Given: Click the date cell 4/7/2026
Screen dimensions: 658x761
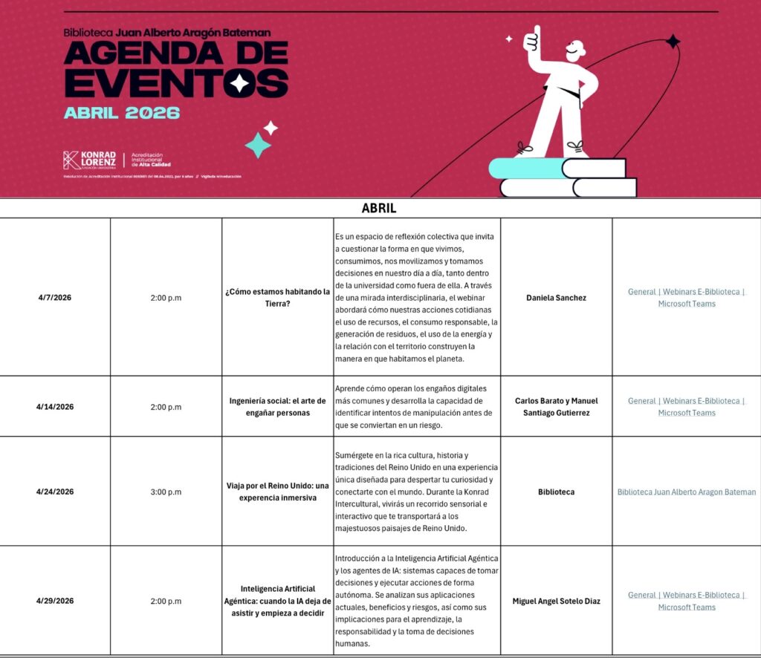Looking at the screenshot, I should pos(55,298).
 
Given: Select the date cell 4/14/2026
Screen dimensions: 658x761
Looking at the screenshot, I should pos(55,407).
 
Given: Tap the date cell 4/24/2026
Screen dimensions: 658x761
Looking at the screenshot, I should pos(55,492).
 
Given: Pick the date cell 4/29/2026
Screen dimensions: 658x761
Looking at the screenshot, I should pos(55,601).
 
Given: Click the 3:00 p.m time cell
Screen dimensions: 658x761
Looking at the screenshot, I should pos(166,492).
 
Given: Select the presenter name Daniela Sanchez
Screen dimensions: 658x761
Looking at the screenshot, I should pos(556,298).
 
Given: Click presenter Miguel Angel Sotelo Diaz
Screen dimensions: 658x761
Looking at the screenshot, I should pos(556,601).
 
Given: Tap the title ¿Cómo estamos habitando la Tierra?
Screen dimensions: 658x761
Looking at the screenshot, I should pos(277,298).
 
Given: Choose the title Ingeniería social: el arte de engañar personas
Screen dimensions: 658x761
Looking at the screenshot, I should pos(277,407).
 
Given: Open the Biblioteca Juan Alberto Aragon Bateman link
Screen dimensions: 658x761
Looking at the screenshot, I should pos(687,492).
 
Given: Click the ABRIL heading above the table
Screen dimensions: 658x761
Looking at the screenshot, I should pos(379,209).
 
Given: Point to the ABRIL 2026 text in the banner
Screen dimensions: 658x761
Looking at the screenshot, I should pos(122,113).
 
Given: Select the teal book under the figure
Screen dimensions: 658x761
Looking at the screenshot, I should pos(524,168).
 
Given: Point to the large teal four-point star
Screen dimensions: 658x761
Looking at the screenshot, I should pos(258,145).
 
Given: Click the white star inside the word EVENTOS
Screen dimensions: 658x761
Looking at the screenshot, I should pos(239,82).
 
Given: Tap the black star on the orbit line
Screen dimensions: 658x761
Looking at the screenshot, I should pos(673,42).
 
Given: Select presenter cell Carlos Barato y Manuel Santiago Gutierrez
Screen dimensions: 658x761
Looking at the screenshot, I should pos(556,407).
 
